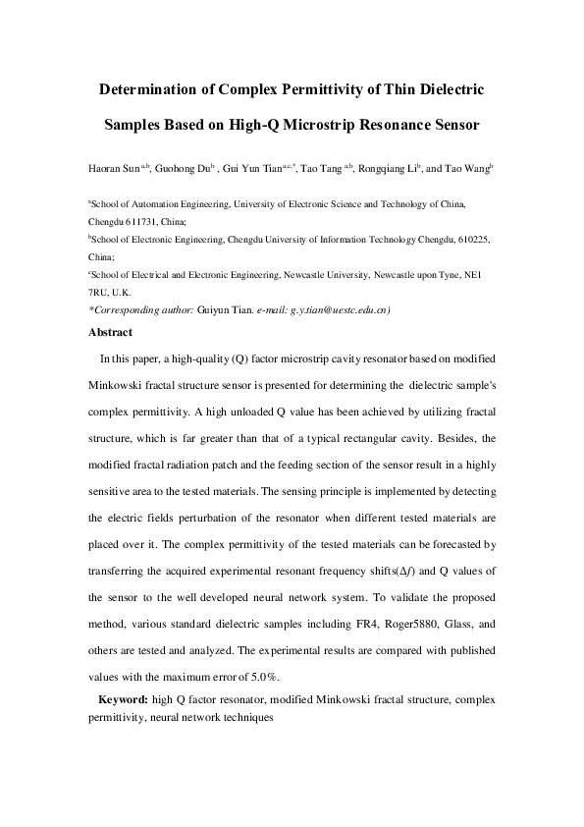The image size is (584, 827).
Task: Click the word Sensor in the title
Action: [x=450, y=126]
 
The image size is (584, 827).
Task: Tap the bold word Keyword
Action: [x=124, y=698]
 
